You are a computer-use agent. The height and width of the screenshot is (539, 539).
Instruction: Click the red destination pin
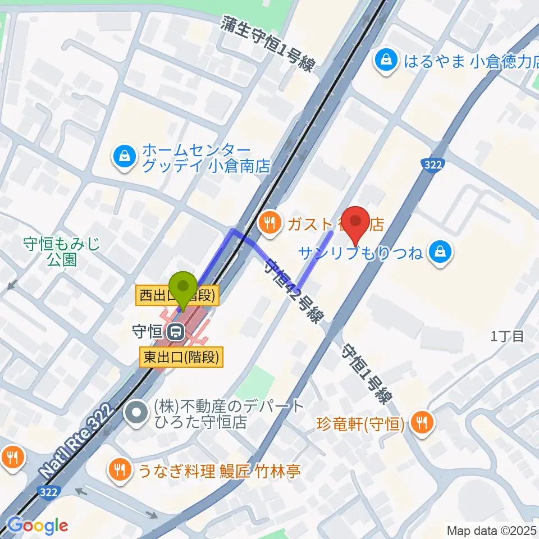(356, 222)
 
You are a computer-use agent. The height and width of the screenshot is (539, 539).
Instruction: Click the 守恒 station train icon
(175, 331)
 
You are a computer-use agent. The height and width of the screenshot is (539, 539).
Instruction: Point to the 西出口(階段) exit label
(177, 296)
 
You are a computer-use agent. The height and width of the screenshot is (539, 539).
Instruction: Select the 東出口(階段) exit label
(181, 357)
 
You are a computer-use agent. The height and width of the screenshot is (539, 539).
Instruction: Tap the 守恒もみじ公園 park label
(61, 251)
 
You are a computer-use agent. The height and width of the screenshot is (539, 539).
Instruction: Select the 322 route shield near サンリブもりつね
(433, 165)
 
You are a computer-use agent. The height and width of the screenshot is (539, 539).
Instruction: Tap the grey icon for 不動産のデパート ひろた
(135, 414)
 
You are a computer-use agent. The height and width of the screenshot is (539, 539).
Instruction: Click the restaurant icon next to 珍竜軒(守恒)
(421, 423)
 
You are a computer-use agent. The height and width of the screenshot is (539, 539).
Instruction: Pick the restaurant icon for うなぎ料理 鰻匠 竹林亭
(118, 469)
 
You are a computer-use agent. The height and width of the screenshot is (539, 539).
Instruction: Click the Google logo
(37, 526)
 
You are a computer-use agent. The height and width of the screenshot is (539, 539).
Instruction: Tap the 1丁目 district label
(508, 336)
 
